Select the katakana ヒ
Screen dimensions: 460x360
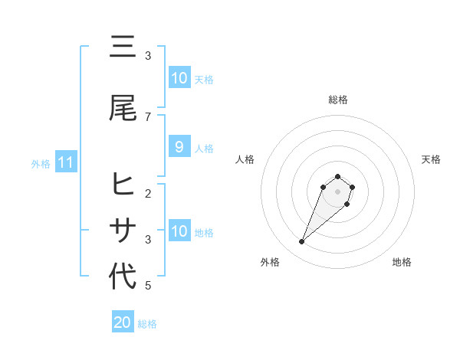[x=123, y=185]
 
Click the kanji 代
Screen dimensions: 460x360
[x=123, y=277]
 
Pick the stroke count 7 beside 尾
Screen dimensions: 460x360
[x=148, y=117]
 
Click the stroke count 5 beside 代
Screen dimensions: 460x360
[x=148, y=286]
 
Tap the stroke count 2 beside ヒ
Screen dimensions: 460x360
[x=148, y=194]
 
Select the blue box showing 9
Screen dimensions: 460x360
[x=179, y=146]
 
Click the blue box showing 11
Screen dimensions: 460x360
[x=65, y=162]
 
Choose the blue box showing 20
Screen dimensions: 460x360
[x=123, y=322]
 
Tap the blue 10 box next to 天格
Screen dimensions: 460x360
[x=179, y=77]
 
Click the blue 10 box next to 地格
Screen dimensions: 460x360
[x=179, y=231]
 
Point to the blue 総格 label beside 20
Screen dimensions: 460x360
[x=147, y=324]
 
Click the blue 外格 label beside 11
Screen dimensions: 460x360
[x=41, y=163]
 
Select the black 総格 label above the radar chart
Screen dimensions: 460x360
[x=338, y=100]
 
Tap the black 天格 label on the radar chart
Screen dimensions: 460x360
[x=431, y=159]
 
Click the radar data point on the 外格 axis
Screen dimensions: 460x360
[x=301, y=242]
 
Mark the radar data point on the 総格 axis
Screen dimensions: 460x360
[x=338, y=175]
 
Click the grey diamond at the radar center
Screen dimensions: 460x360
[x=338, y=191]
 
